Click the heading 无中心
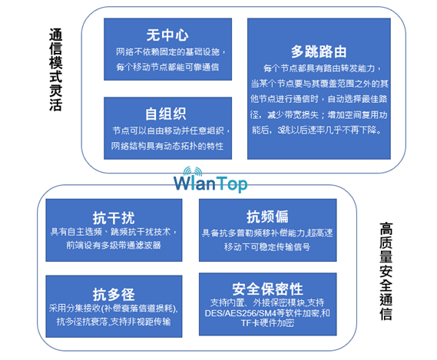[167, 35]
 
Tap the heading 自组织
[166, 114]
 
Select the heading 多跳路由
[319, 52]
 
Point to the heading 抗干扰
[114, 218]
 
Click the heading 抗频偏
[267, 216]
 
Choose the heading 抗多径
[114, 294]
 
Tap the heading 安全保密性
[267, 289]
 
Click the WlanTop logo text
[210, 184]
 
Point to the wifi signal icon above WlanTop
[193, 171]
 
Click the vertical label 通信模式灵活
[56, 70]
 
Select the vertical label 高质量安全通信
[386, 271]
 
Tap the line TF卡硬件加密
[267, 323]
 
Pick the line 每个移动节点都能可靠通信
[167, 67]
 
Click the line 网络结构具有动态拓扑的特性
[167, 146]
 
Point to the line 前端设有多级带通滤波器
[114, 245]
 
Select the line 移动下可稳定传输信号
[267, 246]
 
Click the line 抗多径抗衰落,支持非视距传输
[114, 322]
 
